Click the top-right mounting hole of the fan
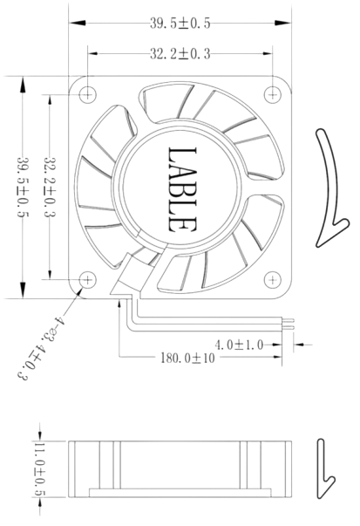pyautogui.click(x=277, y=92)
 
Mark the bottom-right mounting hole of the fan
pyautogui.click(x=277, y=279)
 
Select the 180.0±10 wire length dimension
pyautogui.click(x=189, y=358)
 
